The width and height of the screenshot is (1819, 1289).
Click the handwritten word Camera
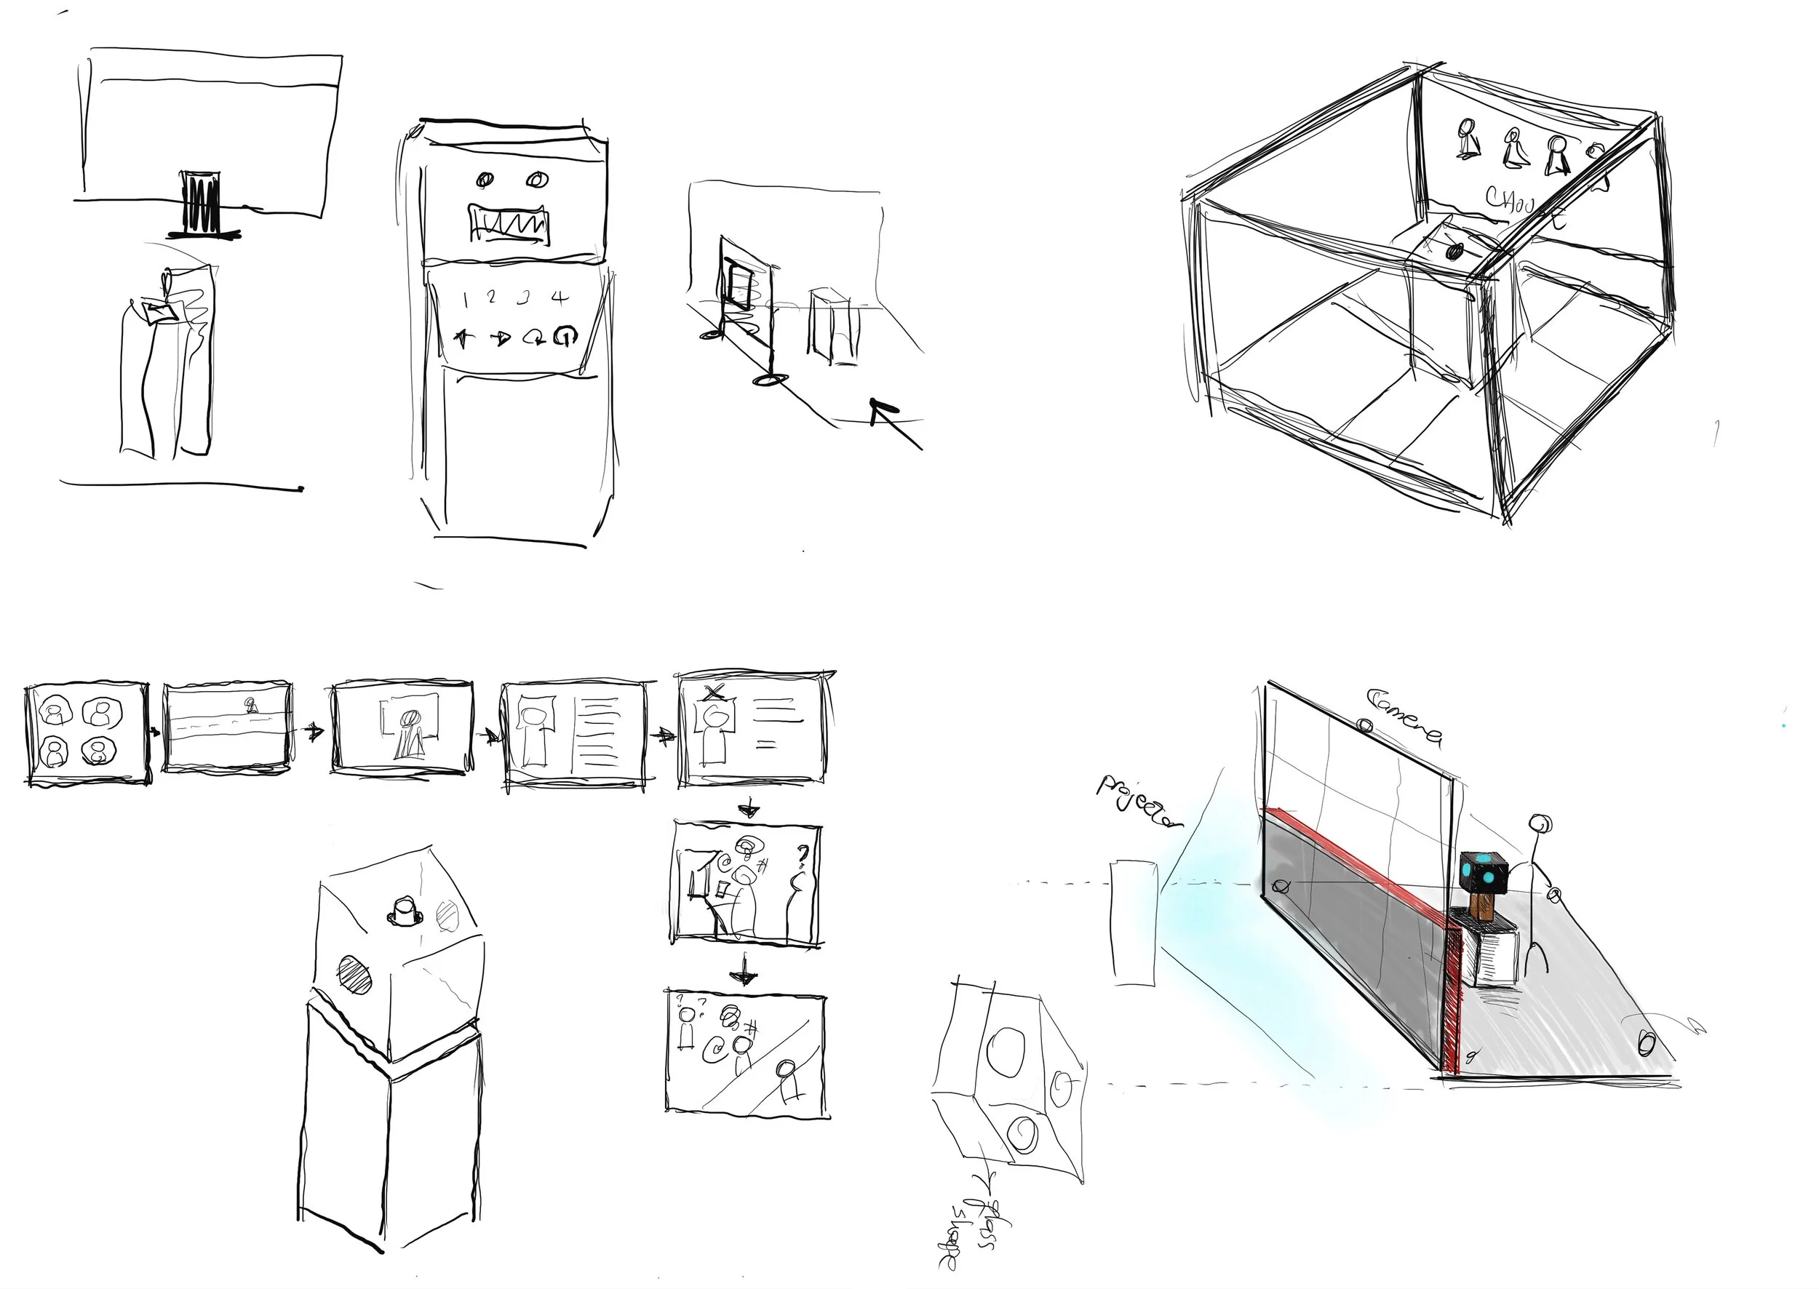point(1403,717)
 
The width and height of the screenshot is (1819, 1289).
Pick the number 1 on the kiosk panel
point(466,298)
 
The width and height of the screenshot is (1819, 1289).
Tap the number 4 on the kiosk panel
point(560,298)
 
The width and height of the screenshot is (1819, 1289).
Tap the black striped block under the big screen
point(201,203)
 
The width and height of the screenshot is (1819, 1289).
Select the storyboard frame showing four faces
point(87,733)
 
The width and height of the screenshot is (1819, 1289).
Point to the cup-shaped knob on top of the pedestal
point(404,912)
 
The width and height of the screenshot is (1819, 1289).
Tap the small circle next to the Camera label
point(1365,725)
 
